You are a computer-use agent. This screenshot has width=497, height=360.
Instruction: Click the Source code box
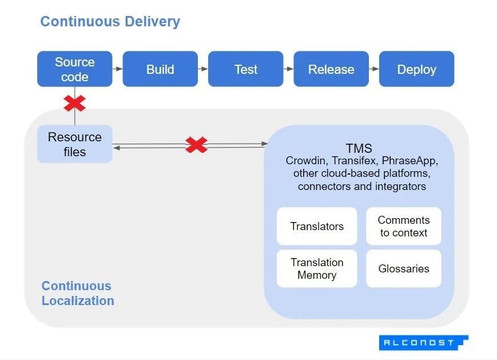point(74,69)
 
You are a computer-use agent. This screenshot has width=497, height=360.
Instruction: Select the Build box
point(160,69)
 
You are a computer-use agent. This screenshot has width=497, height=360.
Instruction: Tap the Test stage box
point(245,69)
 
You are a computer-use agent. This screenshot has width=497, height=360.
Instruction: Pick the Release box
point(331,69)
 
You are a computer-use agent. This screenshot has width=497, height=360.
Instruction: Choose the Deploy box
point(416,69)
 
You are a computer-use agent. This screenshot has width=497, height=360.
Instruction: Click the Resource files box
point(74,144)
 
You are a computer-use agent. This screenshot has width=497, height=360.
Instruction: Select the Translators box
point(317,226)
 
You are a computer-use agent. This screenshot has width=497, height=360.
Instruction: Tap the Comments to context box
point(403,226)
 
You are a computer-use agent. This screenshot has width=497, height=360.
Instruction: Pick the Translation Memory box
point(317,268)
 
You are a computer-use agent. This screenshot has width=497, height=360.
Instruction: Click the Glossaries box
point(403,268)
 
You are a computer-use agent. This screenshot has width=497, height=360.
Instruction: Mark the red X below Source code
point(74,104)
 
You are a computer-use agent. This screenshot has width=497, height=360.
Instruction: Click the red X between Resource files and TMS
point(196,145)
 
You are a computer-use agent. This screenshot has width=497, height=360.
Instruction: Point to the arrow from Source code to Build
point(117,69)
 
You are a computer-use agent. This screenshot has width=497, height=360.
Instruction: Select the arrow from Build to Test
point(202,69)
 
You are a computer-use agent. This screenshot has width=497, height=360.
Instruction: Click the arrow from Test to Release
point(288,69)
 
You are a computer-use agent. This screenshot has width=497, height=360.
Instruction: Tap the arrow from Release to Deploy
point(373,69)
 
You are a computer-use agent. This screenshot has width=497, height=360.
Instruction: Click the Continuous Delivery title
point(110,22)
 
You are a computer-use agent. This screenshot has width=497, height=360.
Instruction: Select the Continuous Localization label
point(77,293)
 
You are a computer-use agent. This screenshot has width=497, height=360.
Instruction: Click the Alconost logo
point(423,342)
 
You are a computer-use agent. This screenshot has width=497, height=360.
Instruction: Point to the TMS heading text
point(359,149)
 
